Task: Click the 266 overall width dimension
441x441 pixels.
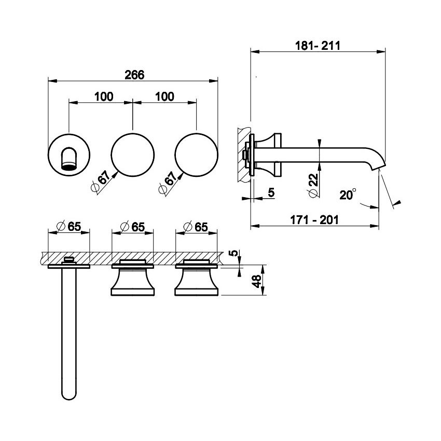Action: tap(134, 74)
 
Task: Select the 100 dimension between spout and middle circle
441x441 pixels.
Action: tap(103, 96)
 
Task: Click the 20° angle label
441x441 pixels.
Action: tap(348, 195)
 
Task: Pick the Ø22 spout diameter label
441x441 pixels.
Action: tap(313, 184)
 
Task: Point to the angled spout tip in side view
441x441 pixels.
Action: tap(380, 166)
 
